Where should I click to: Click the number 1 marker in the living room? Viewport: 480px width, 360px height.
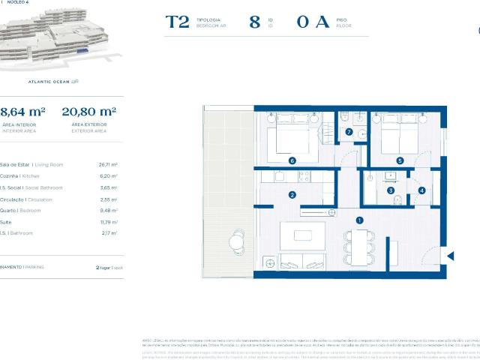pyautogui.click(x=360, y=220)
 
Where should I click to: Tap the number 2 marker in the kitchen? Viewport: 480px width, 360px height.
pyautogui.click(x=292, y=195)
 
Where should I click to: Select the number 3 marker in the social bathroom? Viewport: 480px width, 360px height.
pyautogui.click(x=391, y=190)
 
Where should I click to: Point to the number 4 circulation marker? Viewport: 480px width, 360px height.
pyautogui.click(x=421, y=190)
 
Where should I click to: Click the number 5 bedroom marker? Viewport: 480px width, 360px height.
pyautogui.click(x=400, y=160)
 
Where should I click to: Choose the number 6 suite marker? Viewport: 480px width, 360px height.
pyautogui.click(x=292, y=160)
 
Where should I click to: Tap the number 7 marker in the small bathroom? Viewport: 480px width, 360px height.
pyautogui.click(x=349, y=132)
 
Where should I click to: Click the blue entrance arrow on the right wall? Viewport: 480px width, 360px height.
pyautogui.click(x=450, y=256)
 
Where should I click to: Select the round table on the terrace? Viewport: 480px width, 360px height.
pyautogui.click(x=238, y=241)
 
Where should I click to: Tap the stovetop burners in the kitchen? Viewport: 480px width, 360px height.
pyautogui.click(x=304, y=177)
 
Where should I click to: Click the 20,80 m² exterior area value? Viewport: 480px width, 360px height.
pyautogui.click(x=88, y=112)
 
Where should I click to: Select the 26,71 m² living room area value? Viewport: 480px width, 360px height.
pyautogui.click(x=108, y=164)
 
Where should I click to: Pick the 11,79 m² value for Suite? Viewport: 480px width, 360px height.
pyautogui.click(x=108, y=222)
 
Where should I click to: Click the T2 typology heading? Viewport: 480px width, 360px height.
pyautogui.click(x=177, y=22)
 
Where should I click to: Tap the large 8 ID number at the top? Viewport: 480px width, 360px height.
pyautogui.click(x=255, y=22)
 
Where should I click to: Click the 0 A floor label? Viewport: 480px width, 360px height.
pyautogui.click(x=313, y=22)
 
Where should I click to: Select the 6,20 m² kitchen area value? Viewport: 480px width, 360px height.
pyautogui.click(x=108, y=175)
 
